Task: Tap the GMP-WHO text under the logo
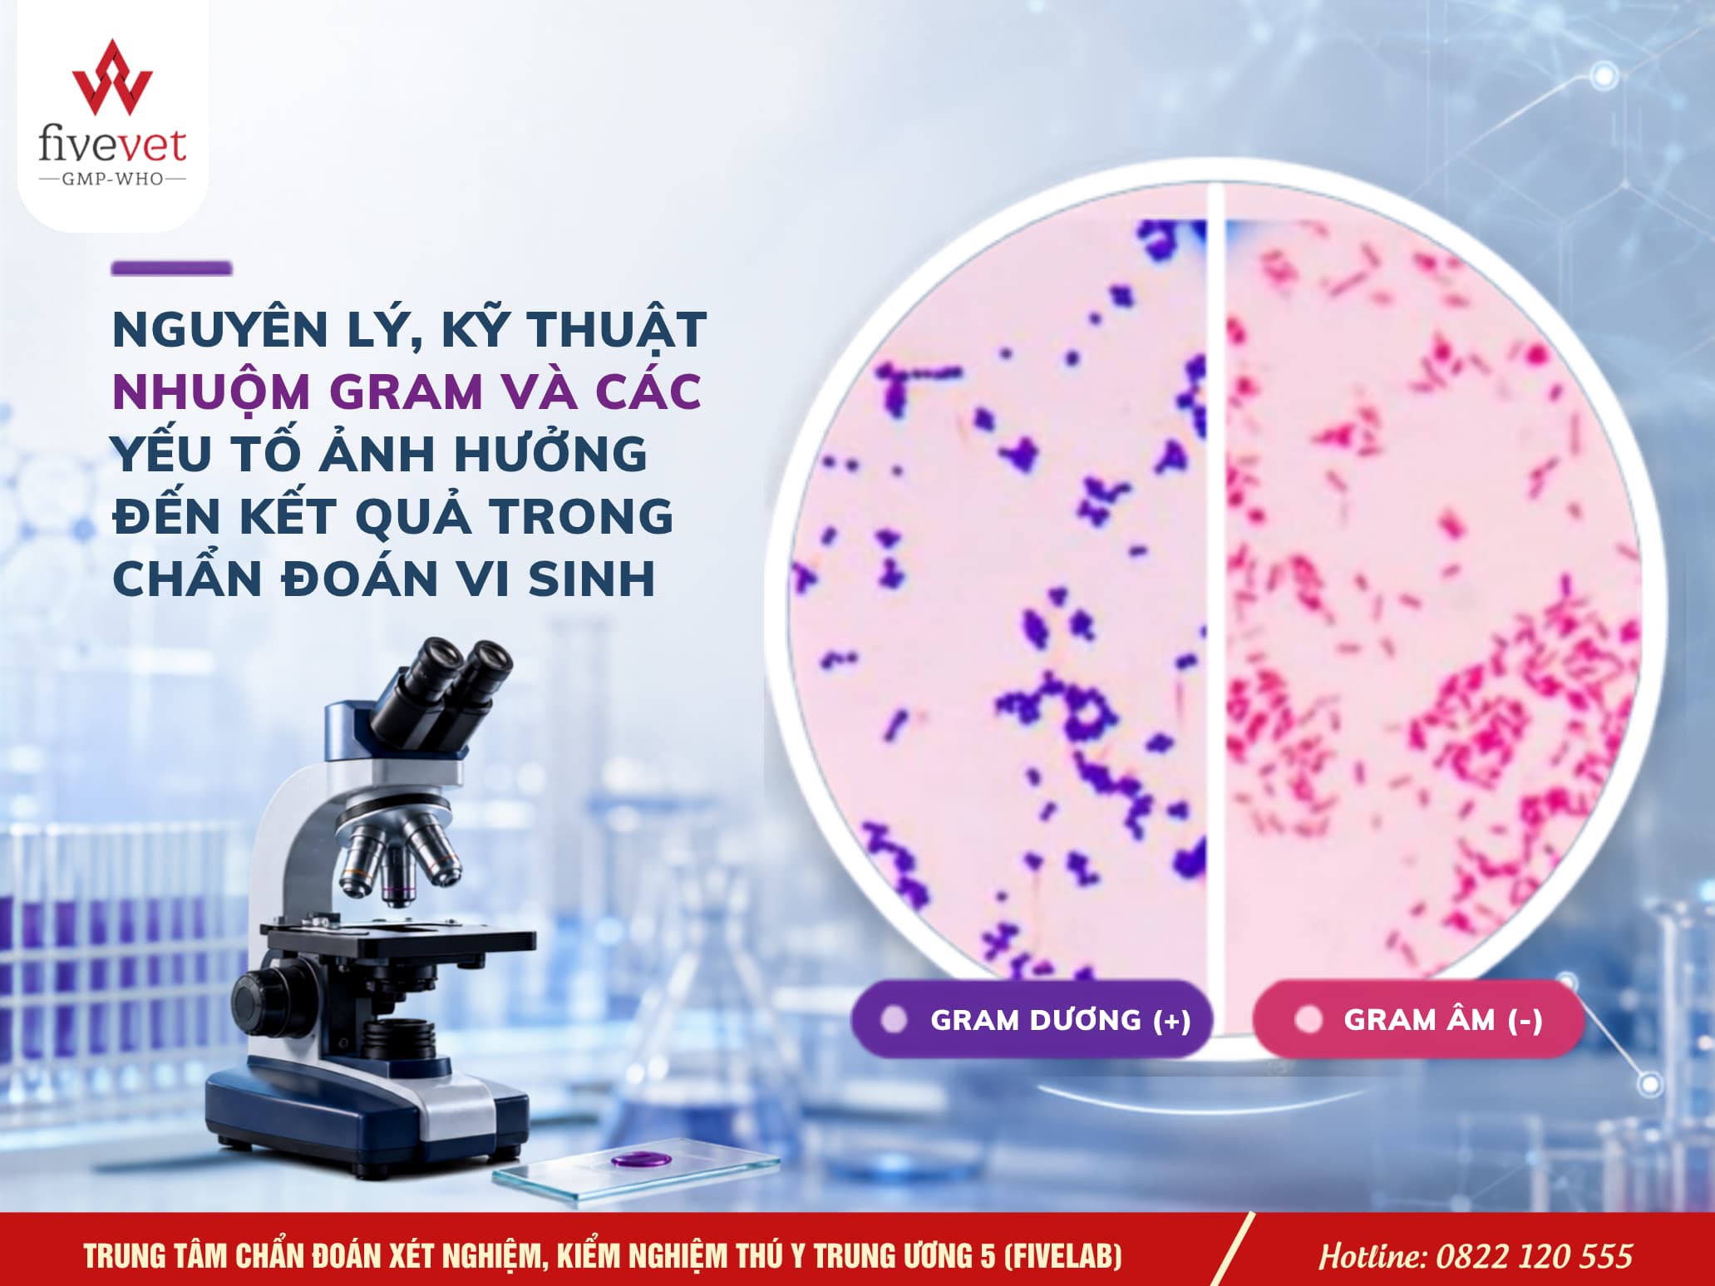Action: tap(112, 179)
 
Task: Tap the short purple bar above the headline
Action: tap(171, 269)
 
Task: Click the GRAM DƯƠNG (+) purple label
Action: tap(1031, 1019)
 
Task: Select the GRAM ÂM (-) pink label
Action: tap(1418, 1019)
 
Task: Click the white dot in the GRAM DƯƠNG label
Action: tap(894, 1020)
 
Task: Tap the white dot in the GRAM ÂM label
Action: tap(1308, 1020)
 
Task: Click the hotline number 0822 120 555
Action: tap(1534, 1256)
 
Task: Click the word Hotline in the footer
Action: tap(1372, 1256)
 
